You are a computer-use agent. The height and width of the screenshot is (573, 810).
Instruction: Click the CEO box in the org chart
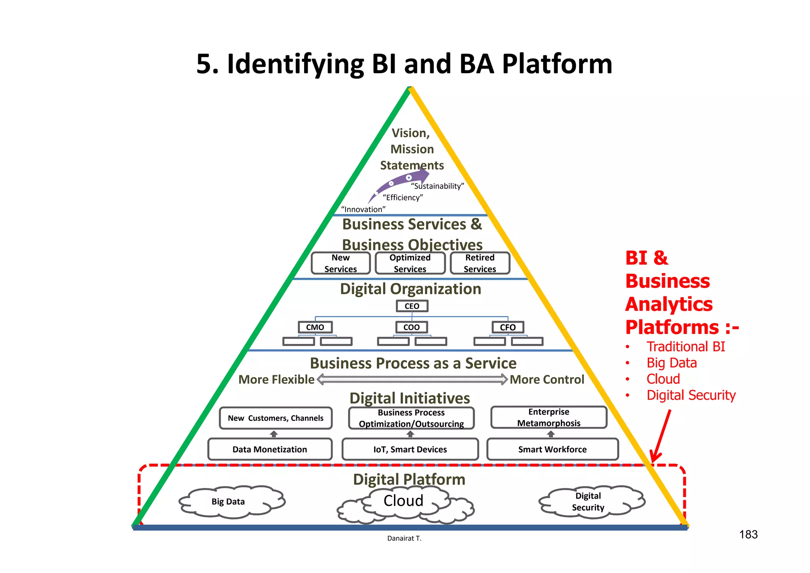click(x=412, y=306)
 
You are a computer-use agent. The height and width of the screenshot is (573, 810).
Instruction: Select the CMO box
click(x=315, y=327)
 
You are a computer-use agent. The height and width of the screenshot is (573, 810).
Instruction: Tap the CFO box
click(x=508, y=327)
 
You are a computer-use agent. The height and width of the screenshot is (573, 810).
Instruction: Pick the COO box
click(x=412, y=327)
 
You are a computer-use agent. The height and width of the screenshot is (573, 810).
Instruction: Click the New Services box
click(x=341, y=263)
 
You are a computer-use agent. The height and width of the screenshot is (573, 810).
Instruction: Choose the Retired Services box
click(x=480, y=263)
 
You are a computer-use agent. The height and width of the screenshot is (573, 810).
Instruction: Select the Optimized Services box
click(x=410, y=263)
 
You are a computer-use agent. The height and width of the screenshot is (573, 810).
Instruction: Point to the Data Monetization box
click(x=270, y=449)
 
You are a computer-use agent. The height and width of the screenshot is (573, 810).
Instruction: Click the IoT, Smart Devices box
click(x=410, y=449)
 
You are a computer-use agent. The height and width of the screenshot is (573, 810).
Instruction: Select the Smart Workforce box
click(x=553, y=449)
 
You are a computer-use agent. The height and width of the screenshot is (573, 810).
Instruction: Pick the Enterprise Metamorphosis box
click(x=549, y=417)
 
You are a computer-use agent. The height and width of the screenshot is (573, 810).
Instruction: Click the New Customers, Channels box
click(x=276, y=418)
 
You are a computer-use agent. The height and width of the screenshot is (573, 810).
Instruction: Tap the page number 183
click(x=748, y=535)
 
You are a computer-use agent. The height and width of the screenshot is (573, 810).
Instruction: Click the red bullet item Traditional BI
click(x=685, y=347)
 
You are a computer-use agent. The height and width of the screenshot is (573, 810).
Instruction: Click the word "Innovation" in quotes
click(x=363, y=209)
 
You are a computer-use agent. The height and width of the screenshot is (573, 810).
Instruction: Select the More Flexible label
click(x=276, y=379)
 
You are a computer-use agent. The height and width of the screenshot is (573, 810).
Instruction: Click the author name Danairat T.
click(x=404, y=538)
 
